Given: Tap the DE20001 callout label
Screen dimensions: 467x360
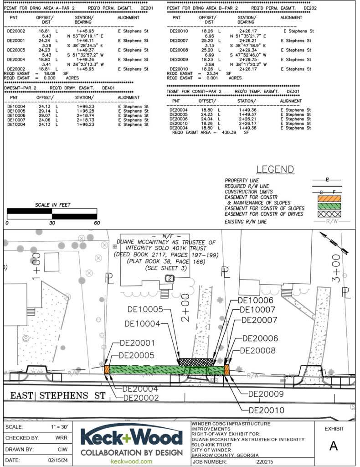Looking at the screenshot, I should point(137,343).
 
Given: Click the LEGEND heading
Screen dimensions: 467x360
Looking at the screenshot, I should point(275,170).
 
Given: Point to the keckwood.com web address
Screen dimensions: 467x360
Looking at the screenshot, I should point(132,462).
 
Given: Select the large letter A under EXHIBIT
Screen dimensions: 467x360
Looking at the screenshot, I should point(334,446).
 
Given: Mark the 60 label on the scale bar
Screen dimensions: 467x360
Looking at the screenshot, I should point(96,223).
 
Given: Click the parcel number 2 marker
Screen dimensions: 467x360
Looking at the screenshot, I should point(170,278).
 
